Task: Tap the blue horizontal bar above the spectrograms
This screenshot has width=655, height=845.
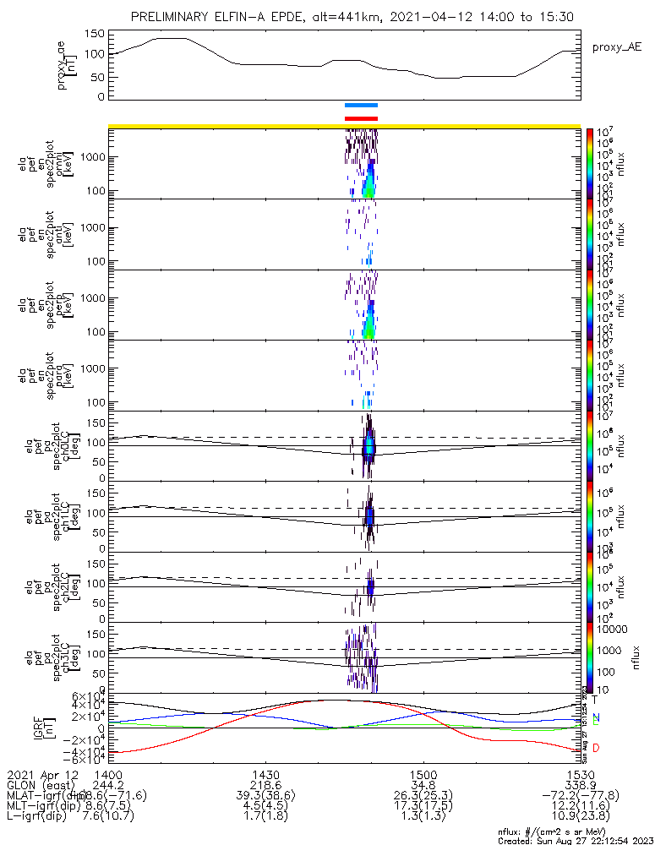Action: pos(361,106)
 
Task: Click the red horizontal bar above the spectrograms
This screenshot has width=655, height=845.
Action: pos(361,118)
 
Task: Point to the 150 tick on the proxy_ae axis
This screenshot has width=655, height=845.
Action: pos(96,33)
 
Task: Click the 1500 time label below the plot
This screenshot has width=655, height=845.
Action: pos(423,774)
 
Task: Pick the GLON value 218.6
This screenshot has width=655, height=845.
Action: pos(265,785)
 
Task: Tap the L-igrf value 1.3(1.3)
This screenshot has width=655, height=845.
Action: pos(423,818)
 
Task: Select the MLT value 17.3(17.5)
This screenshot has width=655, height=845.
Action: pos(423,807)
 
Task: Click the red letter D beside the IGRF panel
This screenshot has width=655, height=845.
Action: pos(596,748)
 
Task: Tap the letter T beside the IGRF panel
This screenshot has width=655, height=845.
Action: pos(596,700)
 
